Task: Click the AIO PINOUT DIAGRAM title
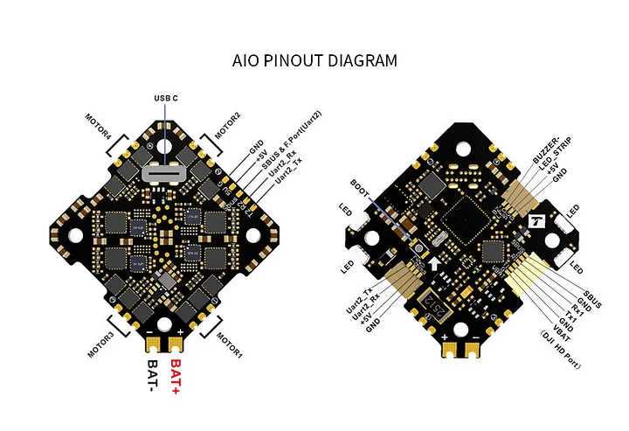(x=314, y=61)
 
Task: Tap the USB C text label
(x=165, y=97)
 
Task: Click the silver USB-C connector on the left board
(x=164, y=173)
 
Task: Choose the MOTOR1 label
(x=228, y=342)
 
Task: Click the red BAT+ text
(x=176, y=376)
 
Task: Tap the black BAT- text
(x=153, y=376)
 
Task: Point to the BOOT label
(x=360, y=184)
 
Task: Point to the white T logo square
(x=537, y=221)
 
